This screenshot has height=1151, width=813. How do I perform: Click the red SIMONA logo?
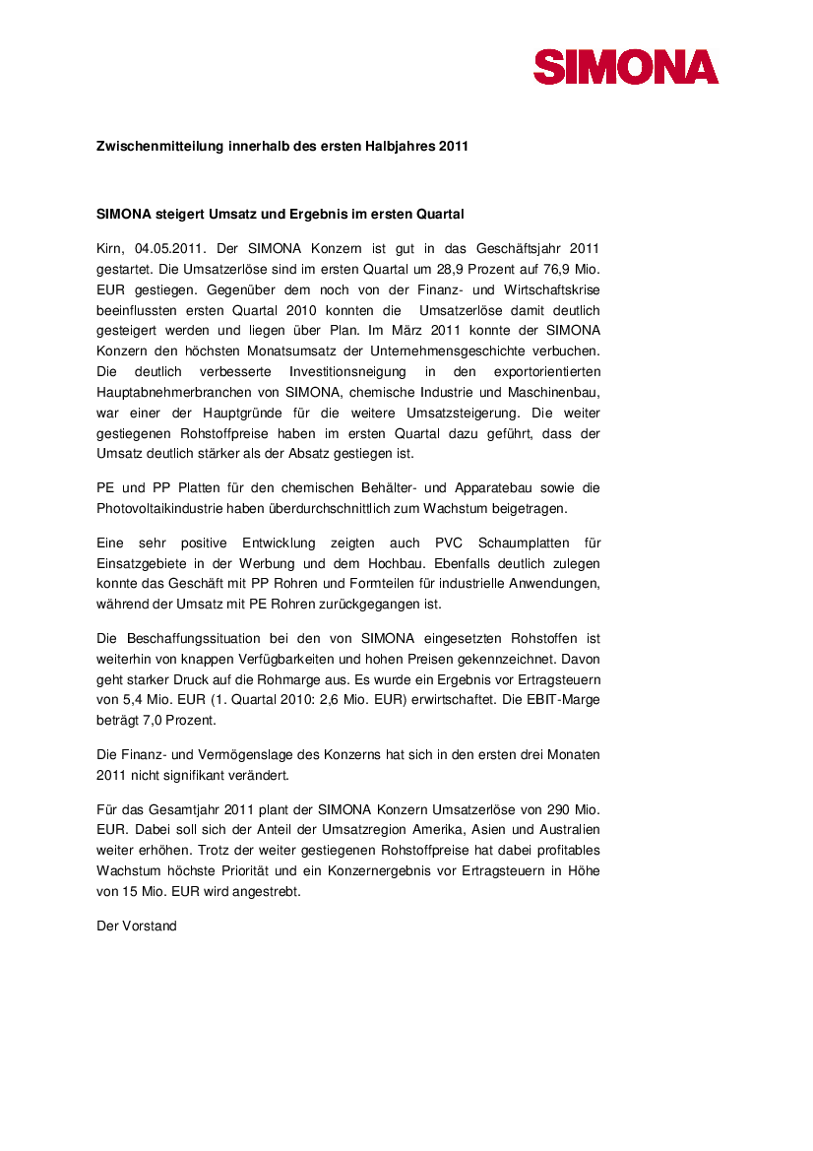pyautogui.click(x=626, y=67)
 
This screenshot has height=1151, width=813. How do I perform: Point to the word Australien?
pyautogui.click(x=565, y=830)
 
